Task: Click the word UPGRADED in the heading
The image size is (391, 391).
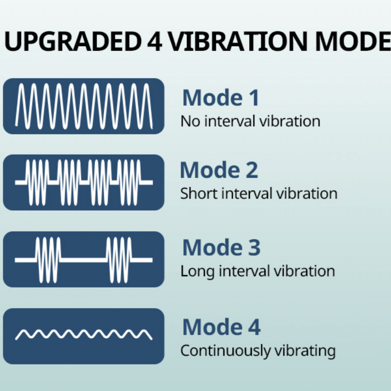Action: click(x=72, y=42)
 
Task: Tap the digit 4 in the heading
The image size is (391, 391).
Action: click(x=154, y=42)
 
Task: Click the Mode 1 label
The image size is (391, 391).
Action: click(x=221, y=97)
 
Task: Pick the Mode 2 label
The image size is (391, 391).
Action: click(x=219, y=170)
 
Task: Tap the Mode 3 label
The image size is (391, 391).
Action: click(x=221, y=247)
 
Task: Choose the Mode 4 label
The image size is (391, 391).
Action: click(x=221, y=326)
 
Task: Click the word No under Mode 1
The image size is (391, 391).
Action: click(x=190, y=121)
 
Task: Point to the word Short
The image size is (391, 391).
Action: click(x=199, y=194)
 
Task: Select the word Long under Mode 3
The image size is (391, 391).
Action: click(x=197, y=271)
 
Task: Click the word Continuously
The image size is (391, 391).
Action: click(x=226, y=350)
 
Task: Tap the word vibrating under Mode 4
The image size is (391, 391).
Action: click(x=305, y=350)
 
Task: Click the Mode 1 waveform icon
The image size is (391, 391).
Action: click(x=84, y=106)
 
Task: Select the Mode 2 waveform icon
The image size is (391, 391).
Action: click(x=84, y=182)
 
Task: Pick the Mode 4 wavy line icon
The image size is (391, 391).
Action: click(x=84, y=334)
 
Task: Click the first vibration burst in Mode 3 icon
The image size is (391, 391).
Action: click(x=48, y=260)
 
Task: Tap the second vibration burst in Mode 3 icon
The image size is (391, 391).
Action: click(x=119, y=260)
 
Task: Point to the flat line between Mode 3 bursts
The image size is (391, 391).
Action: click(x=84, y=260)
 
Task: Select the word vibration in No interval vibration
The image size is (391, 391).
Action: click(x=290, y=121)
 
